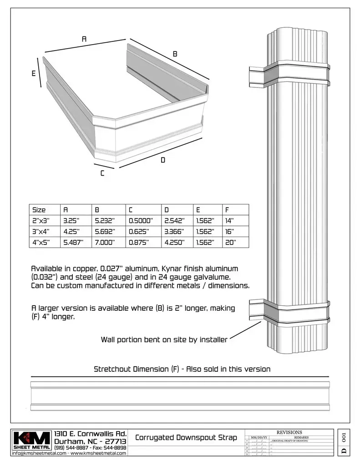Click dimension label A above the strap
click(84, 40)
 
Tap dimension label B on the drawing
click(175, 54)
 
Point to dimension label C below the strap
click(102, 173)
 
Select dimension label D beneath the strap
click(163, 160)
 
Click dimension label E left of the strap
click(33, 74)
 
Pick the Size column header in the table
click(39, 210)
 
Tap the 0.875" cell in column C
click(139, 243)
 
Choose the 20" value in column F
click(230, 243)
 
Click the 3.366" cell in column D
click(174, 232)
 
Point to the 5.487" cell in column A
click(73, 243)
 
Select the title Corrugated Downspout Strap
click(186, 438)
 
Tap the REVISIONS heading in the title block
click(289, 432)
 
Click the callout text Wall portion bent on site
click(164, 339)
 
